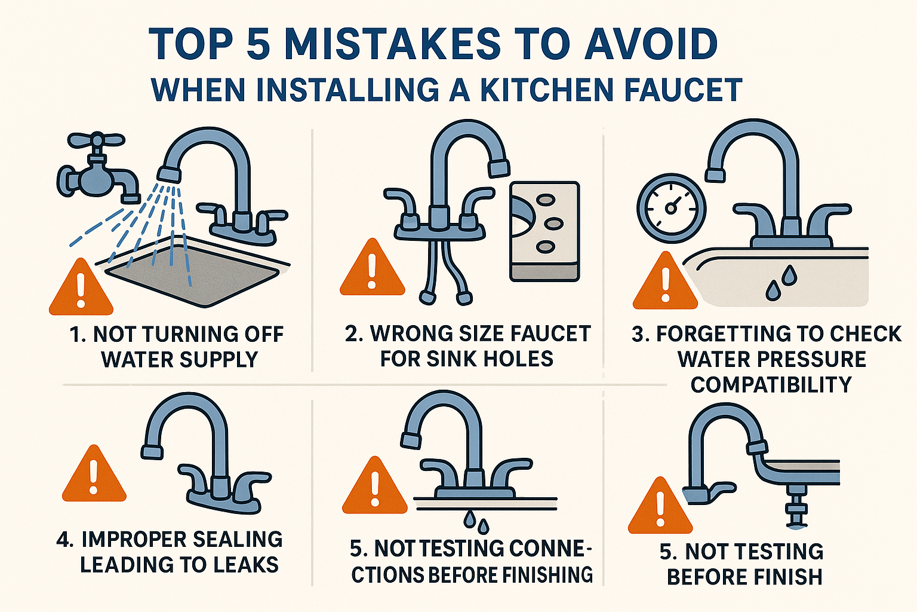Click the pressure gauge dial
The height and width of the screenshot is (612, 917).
click(x=671, y=208)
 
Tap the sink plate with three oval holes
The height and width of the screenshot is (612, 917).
click(x=544, y=230)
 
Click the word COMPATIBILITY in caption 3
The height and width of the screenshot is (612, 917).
click(x=771, y=385)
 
